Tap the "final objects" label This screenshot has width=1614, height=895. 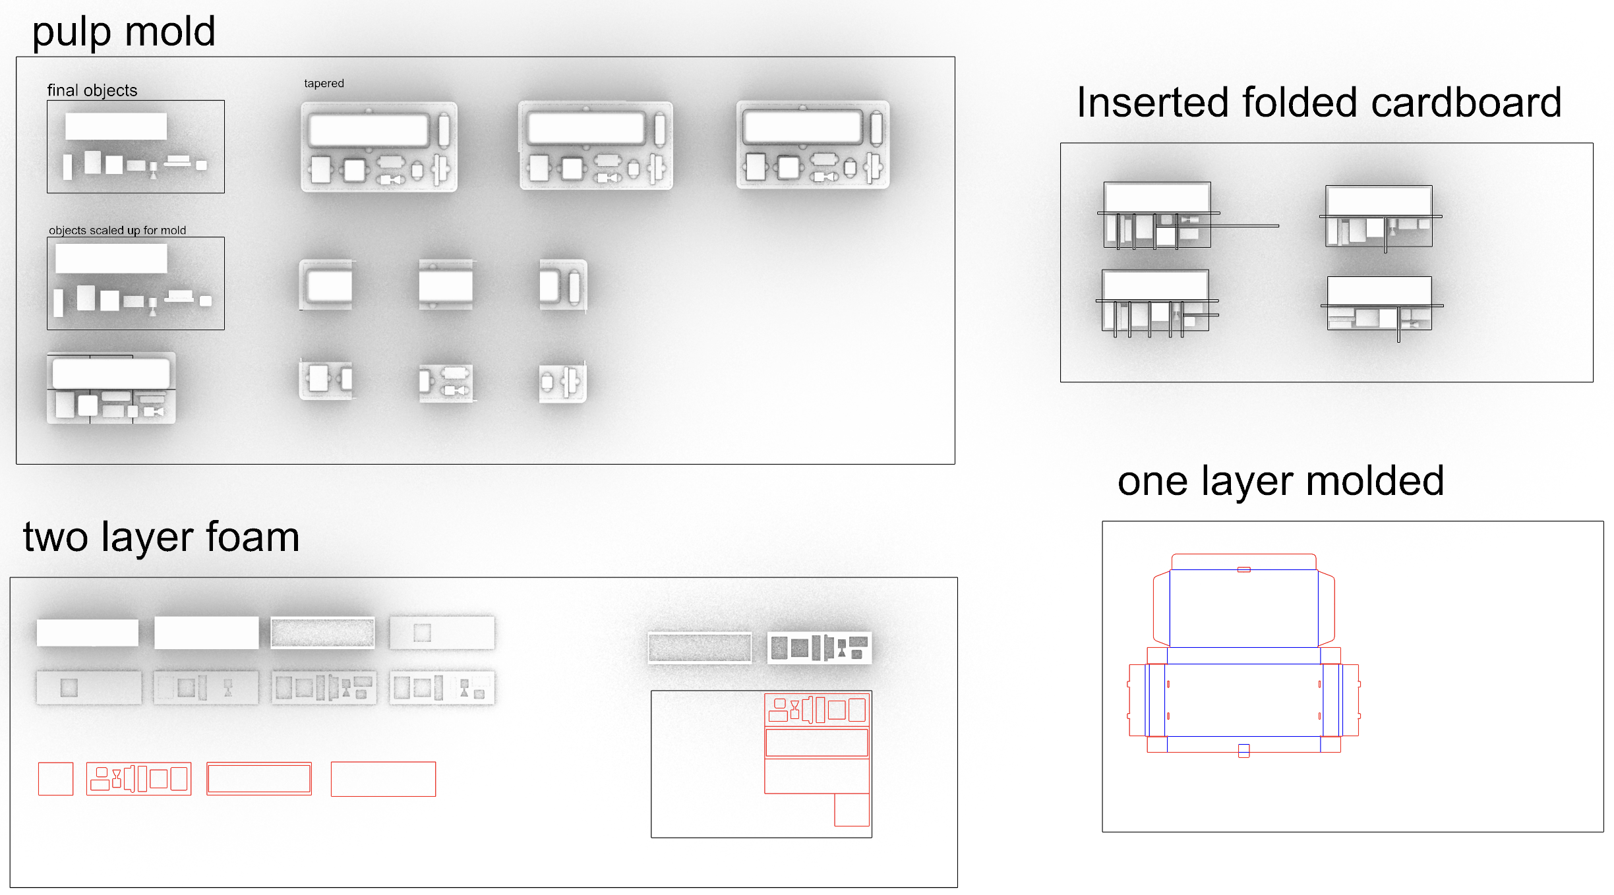point(92,90)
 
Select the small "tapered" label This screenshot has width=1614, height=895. point(324,83)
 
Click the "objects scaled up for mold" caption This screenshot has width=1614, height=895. point(117,230)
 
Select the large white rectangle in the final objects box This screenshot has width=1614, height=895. point(116,126)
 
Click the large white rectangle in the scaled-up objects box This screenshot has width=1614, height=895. point(111,258)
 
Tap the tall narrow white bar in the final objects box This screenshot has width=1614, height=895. point(67,167)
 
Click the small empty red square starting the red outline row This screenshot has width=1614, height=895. point(55,779)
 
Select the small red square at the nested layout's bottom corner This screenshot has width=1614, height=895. point(851,810)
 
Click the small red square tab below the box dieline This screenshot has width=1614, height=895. point(1243,751)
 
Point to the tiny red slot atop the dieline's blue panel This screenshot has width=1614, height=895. point(1243,569)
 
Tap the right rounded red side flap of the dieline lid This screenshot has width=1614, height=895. point(1327,608)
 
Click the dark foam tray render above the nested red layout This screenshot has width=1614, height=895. point(820,648)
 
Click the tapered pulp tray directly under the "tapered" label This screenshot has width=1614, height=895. point(379,146)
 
